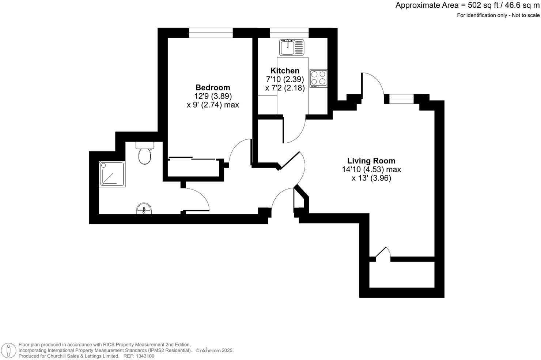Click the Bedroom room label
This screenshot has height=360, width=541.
point(213,87)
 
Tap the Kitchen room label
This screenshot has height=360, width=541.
point(285,71)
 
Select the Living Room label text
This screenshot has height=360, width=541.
point(371,161)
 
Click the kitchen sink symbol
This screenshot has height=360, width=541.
point(292,48)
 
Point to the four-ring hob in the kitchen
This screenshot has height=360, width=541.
point(318,78)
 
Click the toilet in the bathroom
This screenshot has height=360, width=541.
point(145,154)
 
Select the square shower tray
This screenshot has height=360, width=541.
point(112,174)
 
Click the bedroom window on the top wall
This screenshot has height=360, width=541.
point(211,33)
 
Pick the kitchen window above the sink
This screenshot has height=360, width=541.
point(289,33)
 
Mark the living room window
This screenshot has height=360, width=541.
point(401,99)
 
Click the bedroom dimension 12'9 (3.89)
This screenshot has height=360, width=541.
point(213,96)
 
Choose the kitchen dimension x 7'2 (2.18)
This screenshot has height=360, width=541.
point(285,88)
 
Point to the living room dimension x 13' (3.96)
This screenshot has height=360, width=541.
point(371,179)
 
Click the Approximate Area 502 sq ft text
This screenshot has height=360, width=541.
point(467,5)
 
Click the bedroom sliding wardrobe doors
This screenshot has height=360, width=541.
point(193,159)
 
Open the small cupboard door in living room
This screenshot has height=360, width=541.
point(382,254)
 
